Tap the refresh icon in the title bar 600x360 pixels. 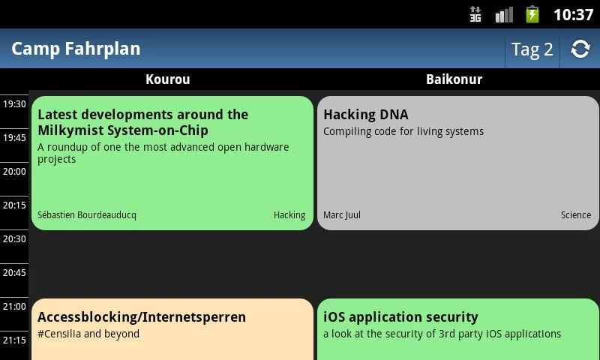point(580,49)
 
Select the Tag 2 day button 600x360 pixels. point(532,49)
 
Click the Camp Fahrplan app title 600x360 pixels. point(76,49)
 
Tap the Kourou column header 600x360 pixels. point(167,79)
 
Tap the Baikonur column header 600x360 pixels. point(454,79)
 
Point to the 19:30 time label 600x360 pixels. point(14,104)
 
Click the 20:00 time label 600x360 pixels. point(14,172)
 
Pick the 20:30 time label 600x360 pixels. point(14,239)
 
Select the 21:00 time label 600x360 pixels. point(14,307)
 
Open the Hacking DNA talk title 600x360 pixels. point(366,115)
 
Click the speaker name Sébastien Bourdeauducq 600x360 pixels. point(87,215)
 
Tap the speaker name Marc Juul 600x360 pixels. point(342,215)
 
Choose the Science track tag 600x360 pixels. point(576,215)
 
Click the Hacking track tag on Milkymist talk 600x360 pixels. point(289,215)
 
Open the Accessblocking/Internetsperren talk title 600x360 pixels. point(142,317)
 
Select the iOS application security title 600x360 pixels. point(400,317)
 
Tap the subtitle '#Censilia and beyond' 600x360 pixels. point(88,334)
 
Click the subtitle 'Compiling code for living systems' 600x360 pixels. point(403,131)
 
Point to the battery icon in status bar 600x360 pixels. point(532,14)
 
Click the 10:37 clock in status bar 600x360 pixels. point(573,14)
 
